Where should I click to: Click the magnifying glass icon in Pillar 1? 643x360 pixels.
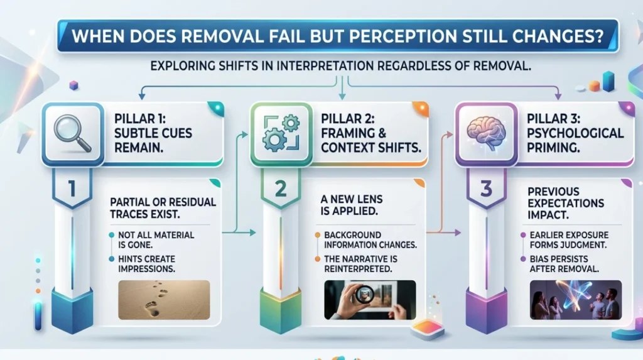(73, 133)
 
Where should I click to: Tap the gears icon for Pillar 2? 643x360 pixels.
(281, 133)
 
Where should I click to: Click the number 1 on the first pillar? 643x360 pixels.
(72, 189)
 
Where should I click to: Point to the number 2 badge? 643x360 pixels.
(281, 189)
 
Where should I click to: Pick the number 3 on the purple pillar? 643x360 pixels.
(487, 189)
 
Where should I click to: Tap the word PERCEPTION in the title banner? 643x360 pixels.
(402, 36)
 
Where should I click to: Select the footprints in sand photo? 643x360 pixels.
(164, 300)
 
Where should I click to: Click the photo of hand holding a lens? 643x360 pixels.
(370, 300)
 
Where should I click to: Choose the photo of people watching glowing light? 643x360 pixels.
(576, 300)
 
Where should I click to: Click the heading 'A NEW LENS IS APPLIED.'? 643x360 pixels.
(352, 205)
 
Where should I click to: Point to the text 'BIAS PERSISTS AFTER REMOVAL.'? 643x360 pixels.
(565, 264)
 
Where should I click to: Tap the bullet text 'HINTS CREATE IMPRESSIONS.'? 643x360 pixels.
(147, 264)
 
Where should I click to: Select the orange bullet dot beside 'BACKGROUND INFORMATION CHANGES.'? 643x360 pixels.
(317, 235)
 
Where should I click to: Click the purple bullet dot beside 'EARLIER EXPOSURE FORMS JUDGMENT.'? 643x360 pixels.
(523, 235)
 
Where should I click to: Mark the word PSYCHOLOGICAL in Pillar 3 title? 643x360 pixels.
(575, 133)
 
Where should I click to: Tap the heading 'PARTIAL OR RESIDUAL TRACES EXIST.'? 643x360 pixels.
(163, 208)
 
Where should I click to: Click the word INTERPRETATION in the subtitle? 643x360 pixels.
(325, 66)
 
